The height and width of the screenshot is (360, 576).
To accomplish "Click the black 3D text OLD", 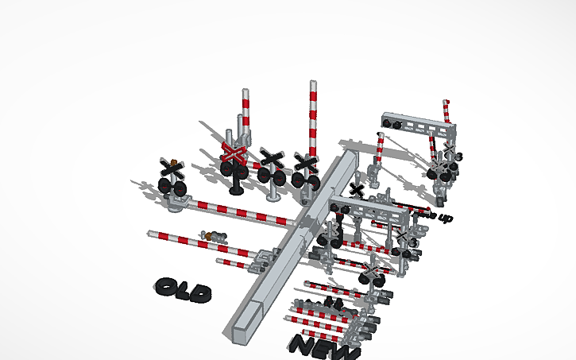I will coord(184,291).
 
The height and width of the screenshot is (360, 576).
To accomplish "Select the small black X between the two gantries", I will coord(358,191).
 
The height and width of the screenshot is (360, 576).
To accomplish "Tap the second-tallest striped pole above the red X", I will coord(244,111).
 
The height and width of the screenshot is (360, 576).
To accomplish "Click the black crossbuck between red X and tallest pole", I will coord(272,159).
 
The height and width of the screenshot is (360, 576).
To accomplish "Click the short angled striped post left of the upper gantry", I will coord(380,148).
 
